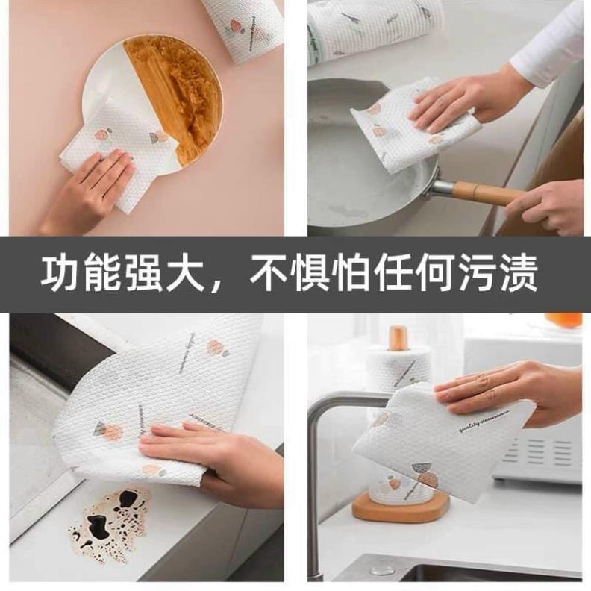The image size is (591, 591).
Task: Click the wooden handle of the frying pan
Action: pyautogui.click(x=485, y=193)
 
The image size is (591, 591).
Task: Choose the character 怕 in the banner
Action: pyautogui.click(x=353, y=275)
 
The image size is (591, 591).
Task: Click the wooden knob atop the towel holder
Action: pyautogui.click(x=398, y=338)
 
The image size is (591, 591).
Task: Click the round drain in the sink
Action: pyautogui.click(x=383, y=569)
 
